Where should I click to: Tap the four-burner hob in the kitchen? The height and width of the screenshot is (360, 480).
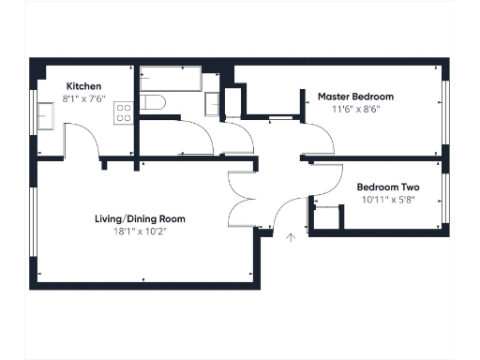coord(122,113)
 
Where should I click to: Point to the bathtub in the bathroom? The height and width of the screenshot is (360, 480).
coord(171,80)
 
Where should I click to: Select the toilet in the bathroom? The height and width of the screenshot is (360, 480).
coord(154,102)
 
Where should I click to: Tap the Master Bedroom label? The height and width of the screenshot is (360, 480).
coord(355,97)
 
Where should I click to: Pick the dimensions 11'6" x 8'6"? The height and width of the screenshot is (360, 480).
coord(355,109)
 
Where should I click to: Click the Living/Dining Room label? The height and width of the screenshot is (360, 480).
coord(140,218)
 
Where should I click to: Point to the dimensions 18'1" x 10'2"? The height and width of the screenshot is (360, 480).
coord(140,231)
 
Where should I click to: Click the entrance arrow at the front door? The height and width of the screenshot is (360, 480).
coord(291,239)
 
